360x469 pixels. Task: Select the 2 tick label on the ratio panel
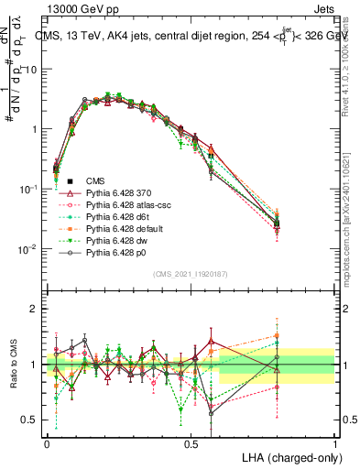33,309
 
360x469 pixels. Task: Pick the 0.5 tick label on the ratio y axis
27,420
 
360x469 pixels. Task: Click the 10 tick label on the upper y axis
30,70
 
